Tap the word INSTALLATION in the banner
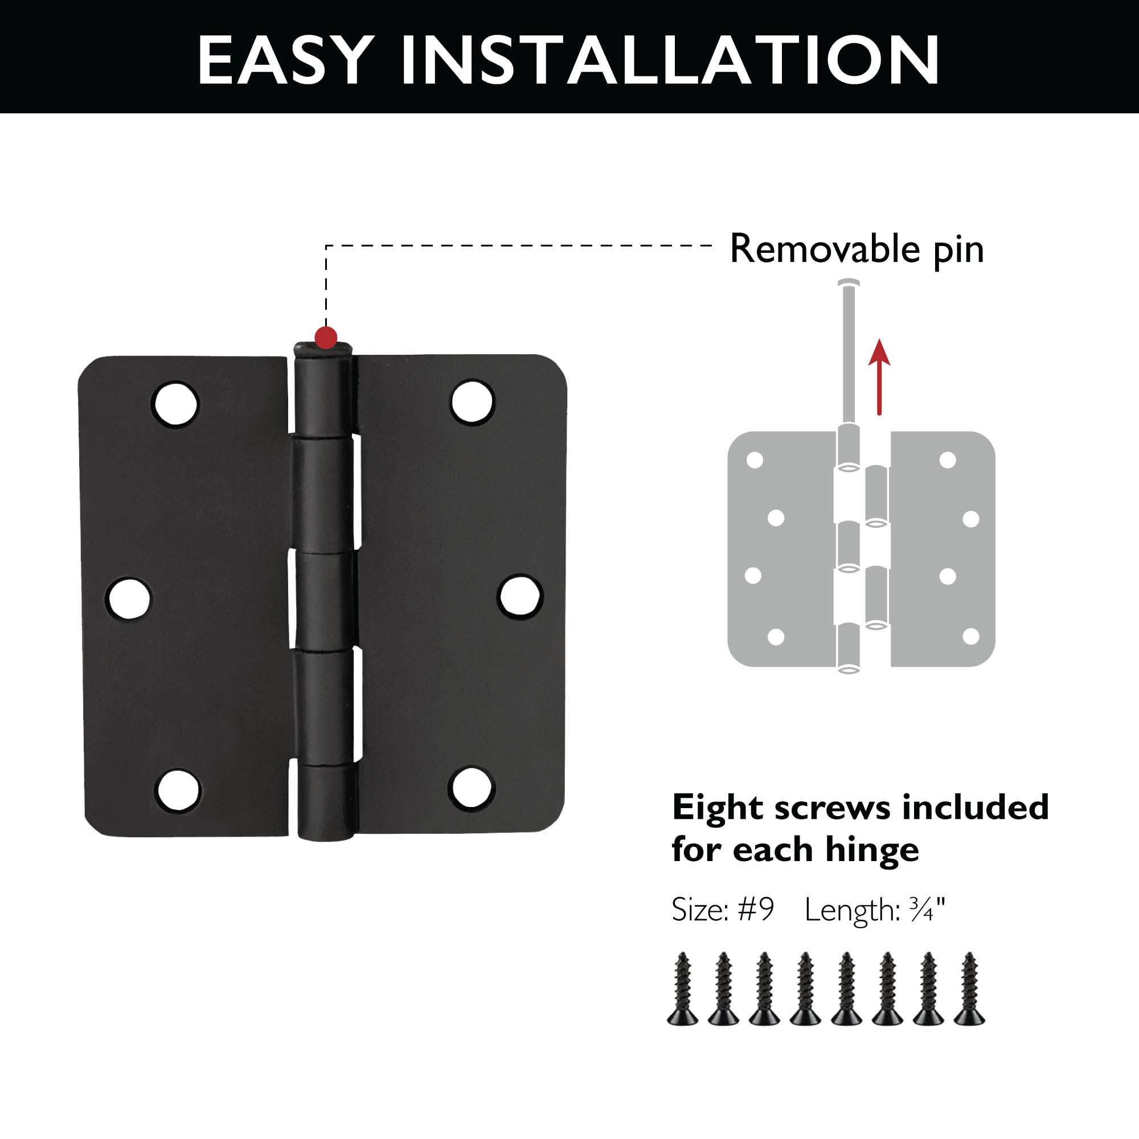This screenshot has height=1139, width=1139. pos(670,60)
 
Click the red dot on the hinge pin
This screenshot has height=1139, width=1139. pos(326,338)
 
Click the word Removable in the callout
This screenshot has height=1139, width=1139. pos(824,249)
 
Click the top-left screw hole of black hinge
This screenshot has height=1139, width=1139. pos(175,403)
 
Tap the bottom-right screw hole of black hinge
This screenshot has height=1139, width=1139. pos(470,788)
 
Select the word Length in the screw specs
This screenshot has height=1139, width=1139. pos(851,911)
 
